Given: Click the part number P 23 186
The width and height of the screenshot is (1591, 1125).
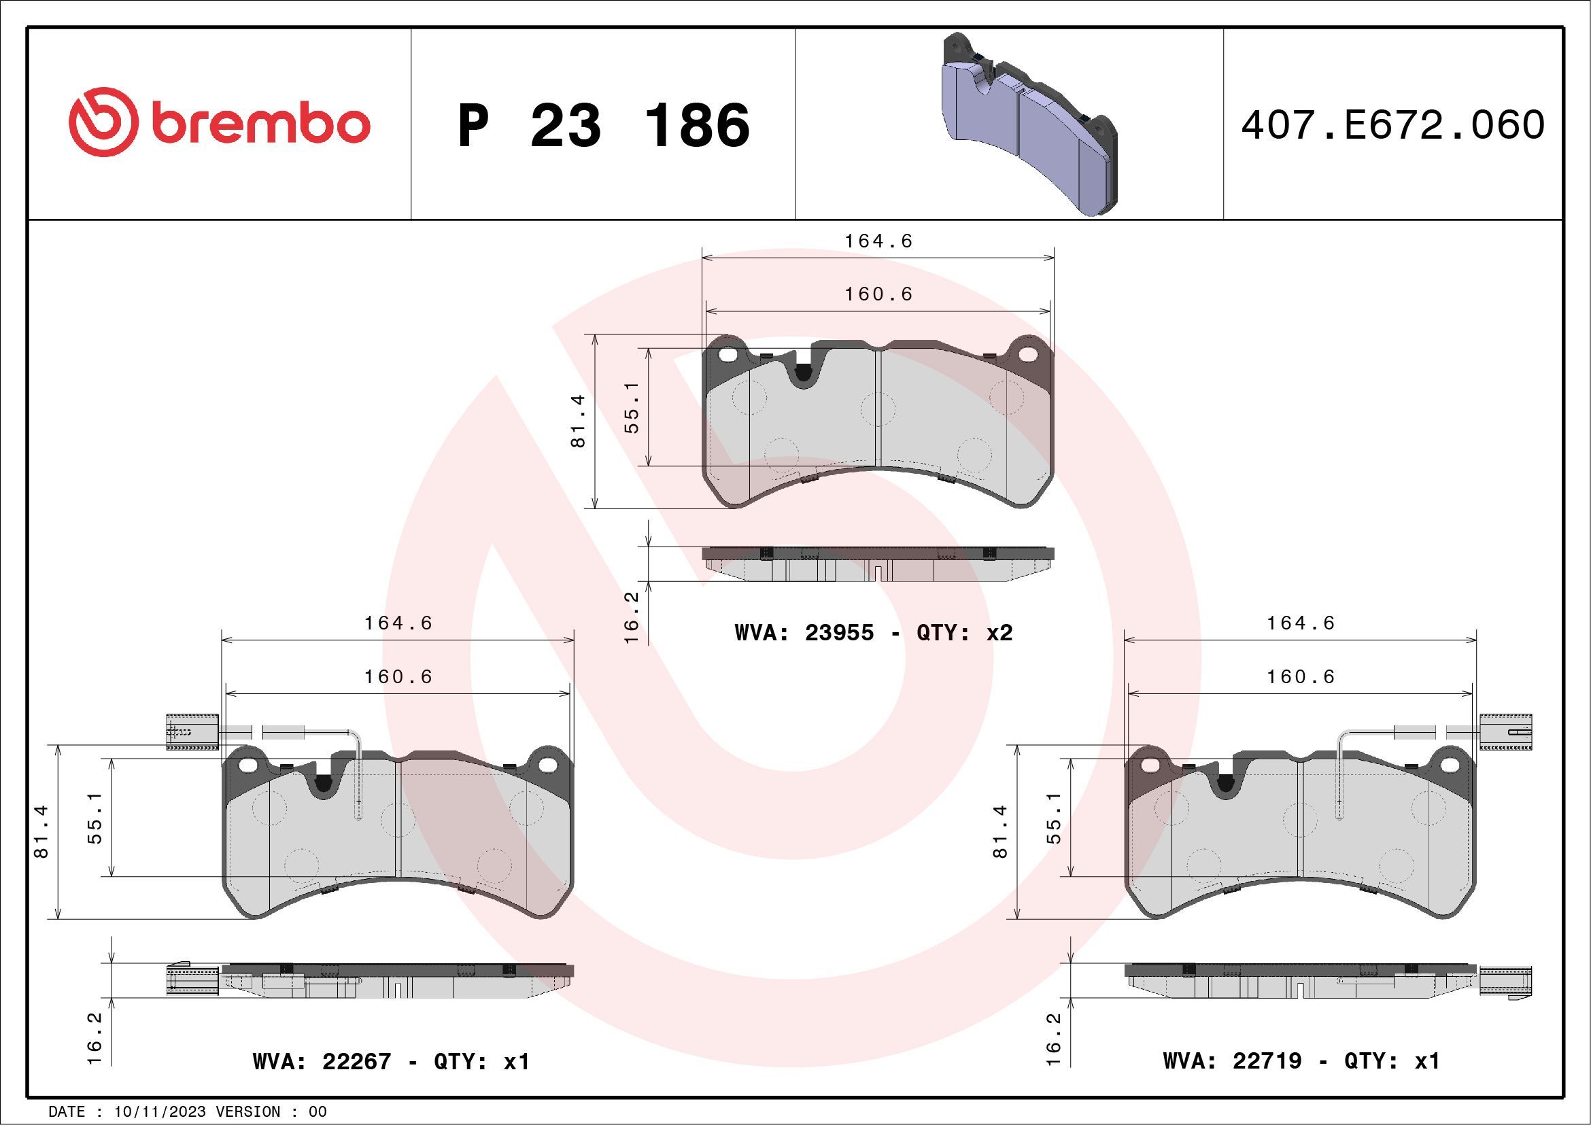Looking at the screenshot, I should pos(604,125).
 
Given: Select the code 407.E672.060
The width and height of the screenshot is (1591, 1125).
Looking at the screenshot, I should pos(1393,125).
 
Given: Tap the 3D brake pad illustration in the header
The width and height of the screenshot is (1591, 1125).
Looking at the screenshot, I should pos(1029,124).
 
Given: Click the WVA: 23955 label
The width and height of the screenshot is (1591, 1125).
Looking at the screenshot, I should pos(804,632).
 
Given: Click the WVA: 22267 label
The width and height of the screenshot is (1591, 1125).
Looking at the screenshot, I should pos(322,1061).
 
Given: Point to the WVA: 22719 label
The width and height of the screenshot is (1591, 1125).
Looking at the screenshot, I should pos(1232,1060).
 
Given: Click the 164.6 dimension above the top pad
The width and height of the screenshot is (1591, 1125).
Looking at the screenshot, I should pos(878,241).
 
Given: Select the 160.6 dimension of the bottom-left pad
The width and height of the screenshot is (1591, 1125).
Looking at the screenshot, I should pos(398,676).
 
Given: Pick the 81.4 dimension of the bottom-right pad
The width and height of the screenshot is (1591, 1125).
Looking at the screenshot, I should pos(1000,832).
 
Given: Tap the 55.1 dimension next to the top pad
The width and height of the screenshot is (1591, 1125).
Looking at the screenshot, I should pos(631,407).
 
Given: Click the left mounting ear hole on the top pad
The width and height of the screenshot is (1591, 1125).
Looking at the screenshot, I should pos(728,355).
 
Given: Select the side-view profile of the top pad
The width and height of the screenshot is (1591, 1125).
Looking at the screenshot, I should pos(878,564).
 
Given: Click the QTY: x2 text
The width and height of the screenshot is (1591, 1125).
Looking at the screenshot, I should pos(965,632).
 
